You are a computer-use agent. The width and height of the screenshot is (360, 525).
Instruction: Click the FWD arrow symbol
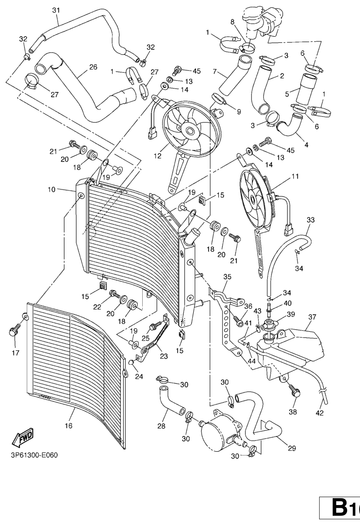point(25,436)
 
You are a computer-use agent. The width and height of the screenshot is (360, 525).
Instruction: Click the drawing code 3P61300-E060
point(34,455)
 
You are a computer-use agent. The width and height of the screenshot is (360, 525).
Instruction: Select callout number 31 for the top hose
point(56,10)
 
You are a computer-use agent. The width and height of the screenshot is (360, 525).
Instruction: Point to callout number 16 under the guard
point(69,425)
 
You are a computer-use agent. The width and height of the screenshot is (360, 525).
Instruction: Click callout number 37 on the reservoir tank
point(312,317)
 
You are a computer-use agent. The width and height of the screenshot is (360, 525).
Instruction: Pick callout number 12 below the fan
point(158,156)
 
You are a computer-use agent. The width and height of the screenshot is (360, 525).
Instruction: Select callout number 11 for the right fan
point(295,176)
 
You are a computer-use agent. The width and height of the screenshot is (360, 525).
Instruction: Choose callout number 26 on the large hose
point(93,67)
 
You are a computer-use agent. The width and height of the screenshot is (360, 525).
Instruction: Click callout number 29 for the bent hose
point(292,448)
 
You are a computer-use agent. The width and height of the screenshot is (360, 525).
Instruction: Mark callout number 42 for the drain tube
point(319,412)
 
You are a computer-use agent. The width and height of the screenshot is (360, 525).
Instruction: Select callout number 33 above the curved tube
point(310,219)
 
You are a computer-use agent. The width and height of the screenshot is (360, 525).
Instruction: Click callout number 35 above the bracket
point(227,277)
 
